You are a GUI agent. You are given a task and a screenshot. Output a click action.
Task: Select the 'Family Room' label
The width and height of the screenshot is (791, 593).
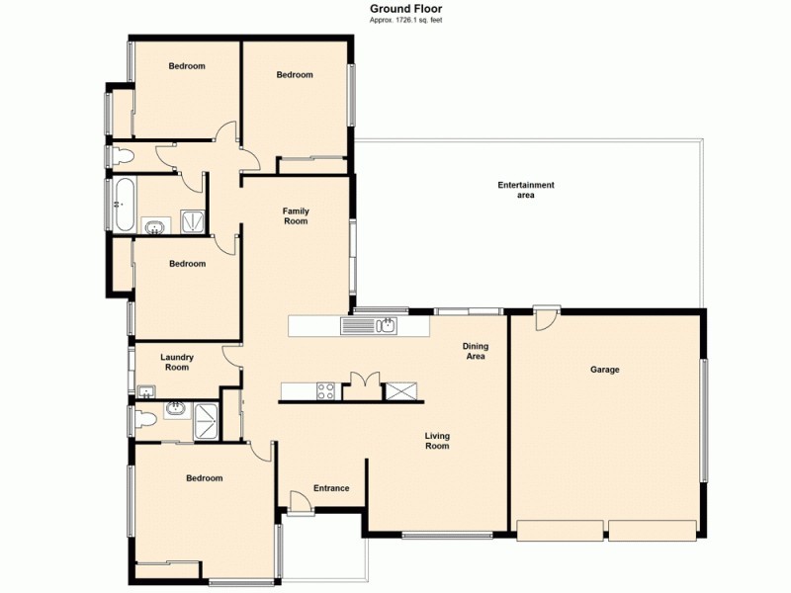[296, 215]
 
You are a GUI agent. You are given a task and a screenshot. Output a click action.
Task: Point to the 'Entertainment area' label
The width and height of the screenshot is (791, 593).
[525, 190]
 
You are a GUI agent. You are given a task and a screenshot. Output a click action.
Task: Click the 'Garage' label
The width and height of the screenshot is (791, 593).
[604, 370]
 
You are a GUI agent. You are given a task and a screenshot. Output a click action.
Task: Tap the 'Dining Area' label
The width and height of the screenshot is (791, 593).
[475, 351]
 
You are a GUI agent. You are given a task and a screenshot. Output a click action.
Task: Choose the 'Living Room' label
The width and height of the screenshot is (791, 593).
[437, 440]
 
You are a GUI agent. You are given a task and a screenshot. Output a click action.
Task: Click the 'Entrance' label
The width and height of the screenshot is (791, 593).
[331, 488]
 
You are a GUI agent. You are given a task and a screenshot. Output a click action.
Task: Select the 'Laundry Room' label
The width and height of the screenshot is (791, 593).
[177, 362]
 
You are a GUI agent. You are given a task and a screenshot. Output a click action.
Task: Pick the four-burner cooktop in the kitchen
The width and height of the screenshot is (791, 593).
[325, 390]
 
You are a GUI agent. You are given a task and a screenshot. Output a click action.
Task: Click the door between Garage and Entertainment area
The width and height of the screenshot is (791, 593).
[545, 318]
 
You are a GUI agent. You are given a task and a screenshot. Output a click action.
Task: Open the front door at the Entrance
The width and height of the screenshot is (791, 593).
[302, 502]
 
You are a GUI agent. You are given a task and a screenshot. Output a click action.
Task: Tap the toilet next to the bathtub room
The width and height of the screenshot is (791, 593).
[120, 156]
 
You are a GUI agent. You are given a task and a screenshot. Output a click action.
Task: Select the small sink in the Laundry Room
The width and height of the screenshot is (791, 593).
[146, 389]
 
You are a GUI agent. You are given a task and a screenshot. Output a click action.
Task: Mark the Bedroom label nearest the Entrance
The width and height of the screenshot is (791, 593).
[205, 478]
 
